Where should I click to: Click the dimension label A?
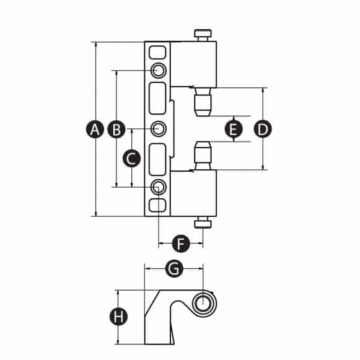point(95,130)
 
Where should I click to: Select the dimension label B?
point(116,130)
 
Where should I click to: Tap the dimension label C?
point(131,158)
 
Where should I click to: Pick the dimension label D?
point(263,130)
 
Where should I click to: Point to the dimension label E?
point(234,130)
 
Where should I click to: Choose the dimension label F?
point(181,244)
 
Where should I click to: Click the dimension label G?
point(174,268)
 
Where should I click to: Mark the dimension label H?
point(118,317)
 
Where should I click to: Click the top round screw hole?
point(159,70)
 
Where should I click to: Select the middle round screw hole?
point(159,129)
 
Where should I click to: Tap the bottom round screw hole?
point(159,187)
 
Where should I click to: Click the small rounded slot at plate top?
point(157,52)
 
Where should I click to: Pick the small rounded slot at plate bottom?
point(157,206)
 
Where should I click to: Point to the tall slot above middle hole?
point(157,99)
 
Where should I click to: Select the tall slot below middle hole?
point(157,160)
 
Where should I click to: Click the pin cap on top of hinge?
point(203,35)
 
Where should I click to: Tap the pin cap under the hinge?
point(203,222)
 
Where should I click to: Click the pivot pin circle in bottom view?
point(203,303)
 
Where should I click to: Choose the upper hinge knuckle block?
point(193,64)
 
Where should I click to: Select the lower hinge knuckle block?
point(193,193)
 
